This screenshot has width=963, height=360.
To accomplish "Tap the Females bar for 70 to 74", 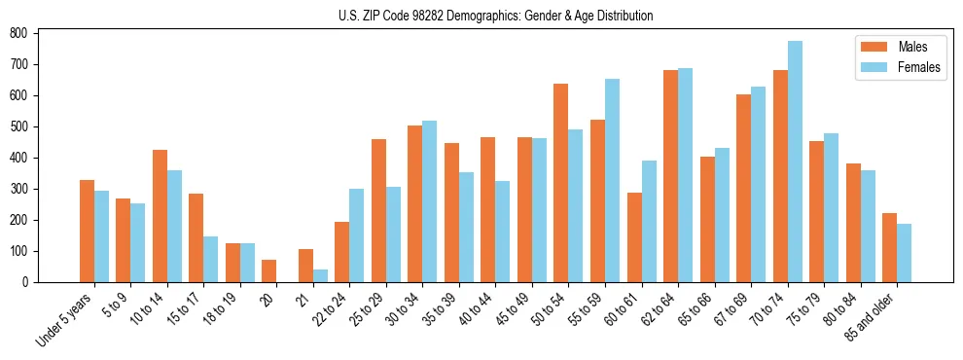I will coord(795,162).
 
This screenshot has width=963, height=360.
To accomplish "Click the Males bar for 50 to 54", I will coord(561,183).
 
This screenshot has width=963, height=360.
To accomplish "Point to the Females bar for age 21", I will coord(320,275).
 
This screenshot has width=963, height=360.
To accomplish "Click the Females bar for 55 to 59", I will coord(612,181).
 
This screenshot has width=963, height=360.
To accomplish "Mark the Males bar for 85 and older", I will coord(889,248).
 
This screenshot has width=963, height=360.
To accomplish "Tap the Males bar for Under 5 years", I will coord(87,231).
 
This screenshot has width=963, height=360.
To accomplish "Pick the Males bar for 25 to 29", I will coord(378,211).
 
